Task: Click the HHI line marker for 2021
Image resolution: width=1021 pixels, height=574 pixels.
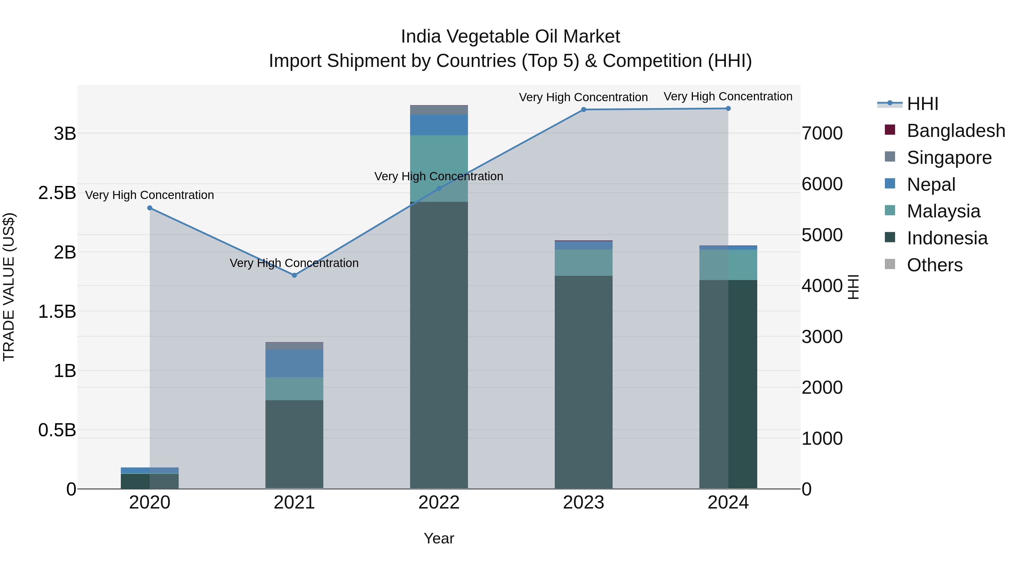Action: pos(294,275)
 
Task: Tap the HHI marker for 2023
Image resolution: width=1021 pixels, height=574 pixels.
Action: pos(583,110)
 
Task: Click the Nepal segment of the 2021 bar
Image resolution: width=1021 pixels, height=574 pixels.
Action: pos(294,363)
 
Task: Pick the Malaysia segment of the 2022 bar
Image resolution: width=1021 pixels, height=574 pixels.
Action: pos(439,168)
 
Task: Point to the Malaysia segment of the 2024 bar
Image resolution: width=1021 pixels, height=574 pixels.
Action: pos(728,265)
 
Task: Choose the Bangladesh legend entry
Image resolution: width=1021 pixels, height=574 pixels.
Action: pos(955,131)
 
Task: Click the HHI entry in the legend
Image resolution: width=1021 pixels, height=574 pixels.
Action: pos(922,104)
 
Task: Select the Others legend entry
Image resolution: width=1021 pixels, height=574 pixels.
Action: pos(934,265)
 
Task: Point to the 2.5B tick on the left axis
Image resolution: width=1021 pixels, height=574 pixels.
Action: pos(57,193)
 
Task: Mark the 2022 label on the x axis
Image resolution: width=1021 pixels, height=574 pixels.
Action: pos(439,503)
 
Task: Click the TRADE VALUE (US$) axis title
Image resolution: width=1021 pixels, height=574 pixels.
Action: pos(9,287)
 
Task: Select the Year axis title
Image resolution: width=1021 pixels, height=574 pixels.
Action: pos(439,538)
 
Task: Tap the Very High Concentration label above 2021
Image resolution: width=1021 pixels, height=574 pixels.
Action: pos(294,263)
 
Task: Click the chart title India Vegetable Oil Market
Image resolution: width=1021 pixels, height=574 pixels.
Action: pos(510,37)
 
